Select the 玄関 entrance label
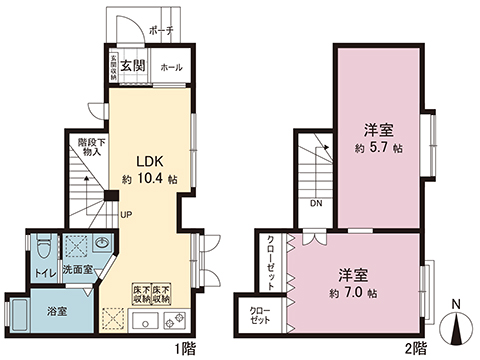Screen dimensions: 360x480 point(133,67)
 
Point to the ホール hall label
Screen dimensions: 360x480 point(170,67)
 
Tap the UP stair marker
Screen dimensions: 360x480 point(127,214)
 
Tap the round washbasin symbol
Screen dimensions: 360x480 point(103,244)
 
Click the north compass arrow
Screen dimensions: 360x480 point(457,325)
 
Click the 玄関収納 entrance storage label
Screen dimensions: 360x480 point(114,66)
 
